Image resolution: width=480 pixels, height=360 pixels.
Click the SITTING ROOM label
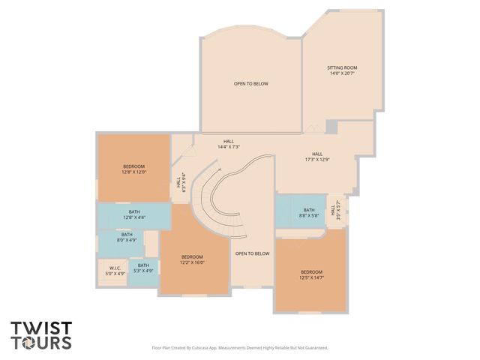pos(342,67)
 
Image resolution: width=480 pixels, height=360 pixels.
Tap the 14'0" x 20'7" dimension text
pos(342,73)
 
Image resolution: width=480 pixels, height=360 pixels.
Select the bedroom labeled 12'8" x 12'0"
pos(134,169)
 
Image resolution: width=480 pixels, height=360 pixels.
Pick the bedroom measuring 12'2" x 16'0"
pos(192,259)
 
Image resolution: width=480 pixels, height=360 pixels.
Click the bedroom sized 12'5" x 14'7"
pos(311,274)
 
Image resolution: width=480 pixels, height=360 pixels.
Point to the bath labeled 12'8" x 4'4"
pos(134,214)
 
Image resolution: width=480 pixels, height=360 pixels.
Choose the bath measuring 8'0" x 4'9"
pos(127,237)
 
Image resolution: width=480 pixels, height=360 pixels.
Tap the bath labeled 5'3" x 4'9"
pos(142,267)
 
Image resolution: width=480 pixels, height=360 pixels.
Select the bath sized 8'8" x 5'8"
pos(309,213)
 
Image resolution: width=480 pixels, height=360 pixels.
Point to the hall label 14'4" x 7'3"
pos(228,144)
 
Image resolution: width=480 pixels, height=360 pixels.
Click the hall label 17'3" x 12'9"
pos(317,156)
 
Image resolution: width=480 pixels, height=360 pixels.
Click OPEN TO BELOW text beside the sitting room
pos(250,83)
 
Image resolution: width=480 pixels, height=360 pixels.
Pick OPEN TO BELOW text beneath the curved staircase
pos(252,253)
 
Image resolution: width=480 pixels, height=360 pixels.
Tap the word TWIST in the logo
pos(41,328)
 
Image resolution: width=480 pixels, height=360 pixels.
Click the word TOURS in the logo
pos(41,343)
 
